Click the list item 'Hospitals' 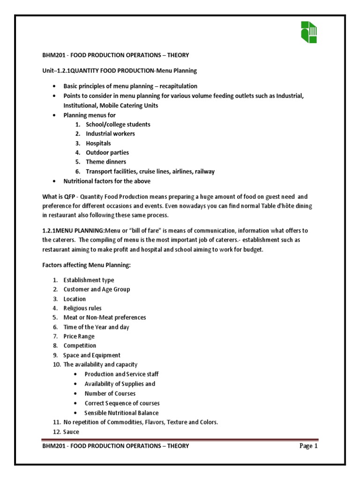tap(98, 143)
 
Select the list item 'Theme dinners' tap(106, 162)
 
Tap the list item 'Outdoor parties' tap(107, 152)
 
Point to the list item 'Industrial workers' tap(110, 134)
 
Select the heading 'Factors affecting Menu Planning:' tap(87, 266)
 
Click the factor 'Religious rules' tap(82, 308)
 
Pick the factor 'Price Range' tap(79, 336)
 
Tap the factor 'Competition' tap(80, 345)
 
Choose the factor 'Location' tap(75, 299)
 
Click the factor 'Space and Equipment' tap(92, 355)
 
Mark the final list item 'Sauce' tap(71, 431)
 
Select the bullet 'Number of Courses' tap(110, 393)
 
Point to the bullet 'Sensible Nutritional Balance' tap(121, 413)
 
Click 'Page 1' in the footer tap(309, 446)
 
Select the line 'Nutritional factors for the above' tap(107, 181)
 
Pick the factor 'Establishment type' tap(89, 280)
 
